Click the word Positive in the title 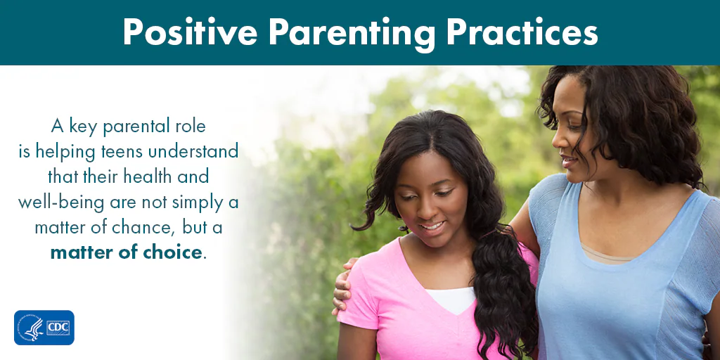tap(190, 32)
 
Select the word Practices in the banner tap(522, 32)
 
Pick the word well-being tap(60, 202)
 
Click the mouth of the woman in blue tap(567, 160)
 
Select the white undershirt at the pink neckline tap(450, 300)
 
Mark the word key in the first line tap(84, 127)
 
